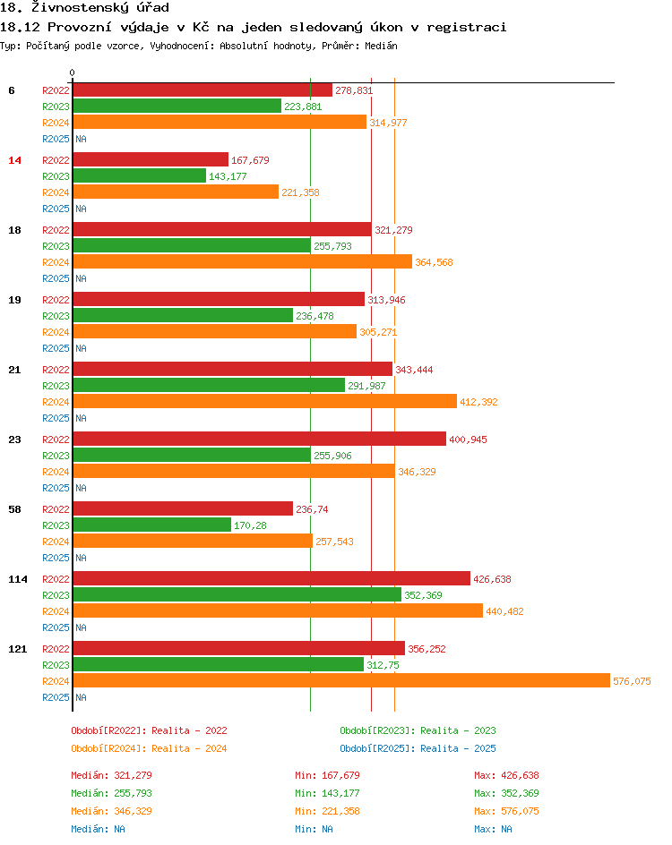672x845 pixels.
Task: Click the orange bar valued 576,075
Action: click(x=340, y=681)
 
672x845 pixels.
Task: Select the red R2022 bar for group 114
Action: click(x=271, y=579)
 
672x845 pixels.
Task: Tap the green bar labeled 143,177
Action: click(x=139, y=176)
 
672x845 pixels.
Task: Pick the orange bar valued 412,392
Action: click(x=264, y=402)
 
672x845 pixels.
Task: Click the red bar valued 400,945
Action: click(x=259, y=440)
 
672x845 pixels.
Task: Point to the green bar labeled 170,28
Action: click(x=151, y=525)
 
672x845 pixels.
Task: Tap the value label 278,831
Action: click(x=353, y=91)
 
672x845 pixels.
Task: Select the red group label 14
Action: click(x=14, y=160)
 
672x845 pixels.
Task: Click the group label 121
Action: click(x=18, y=649)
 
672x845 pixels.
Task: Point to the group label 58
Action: click(x=14, y=509)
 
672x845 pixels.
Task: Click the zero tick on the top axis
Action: click(x=73, y=73)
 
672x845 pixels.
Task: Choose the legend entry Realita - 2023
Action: click(x=418, y=730)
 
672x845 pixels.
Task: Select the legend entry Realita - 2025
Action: click(x=418, y=748)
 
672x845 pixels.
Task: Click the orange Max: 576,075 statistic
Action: click(x=506, y=811)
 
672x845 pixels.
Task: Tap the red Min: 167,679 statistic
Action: click(x=327, y=775)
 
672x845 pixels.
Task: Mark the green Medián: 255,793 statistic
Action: click(x=112, y=793)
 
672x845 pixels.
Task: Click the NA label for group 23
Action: click(x=81, y=488)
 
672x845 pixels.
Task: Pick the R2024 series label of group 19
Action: click(x=56, y=332)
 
